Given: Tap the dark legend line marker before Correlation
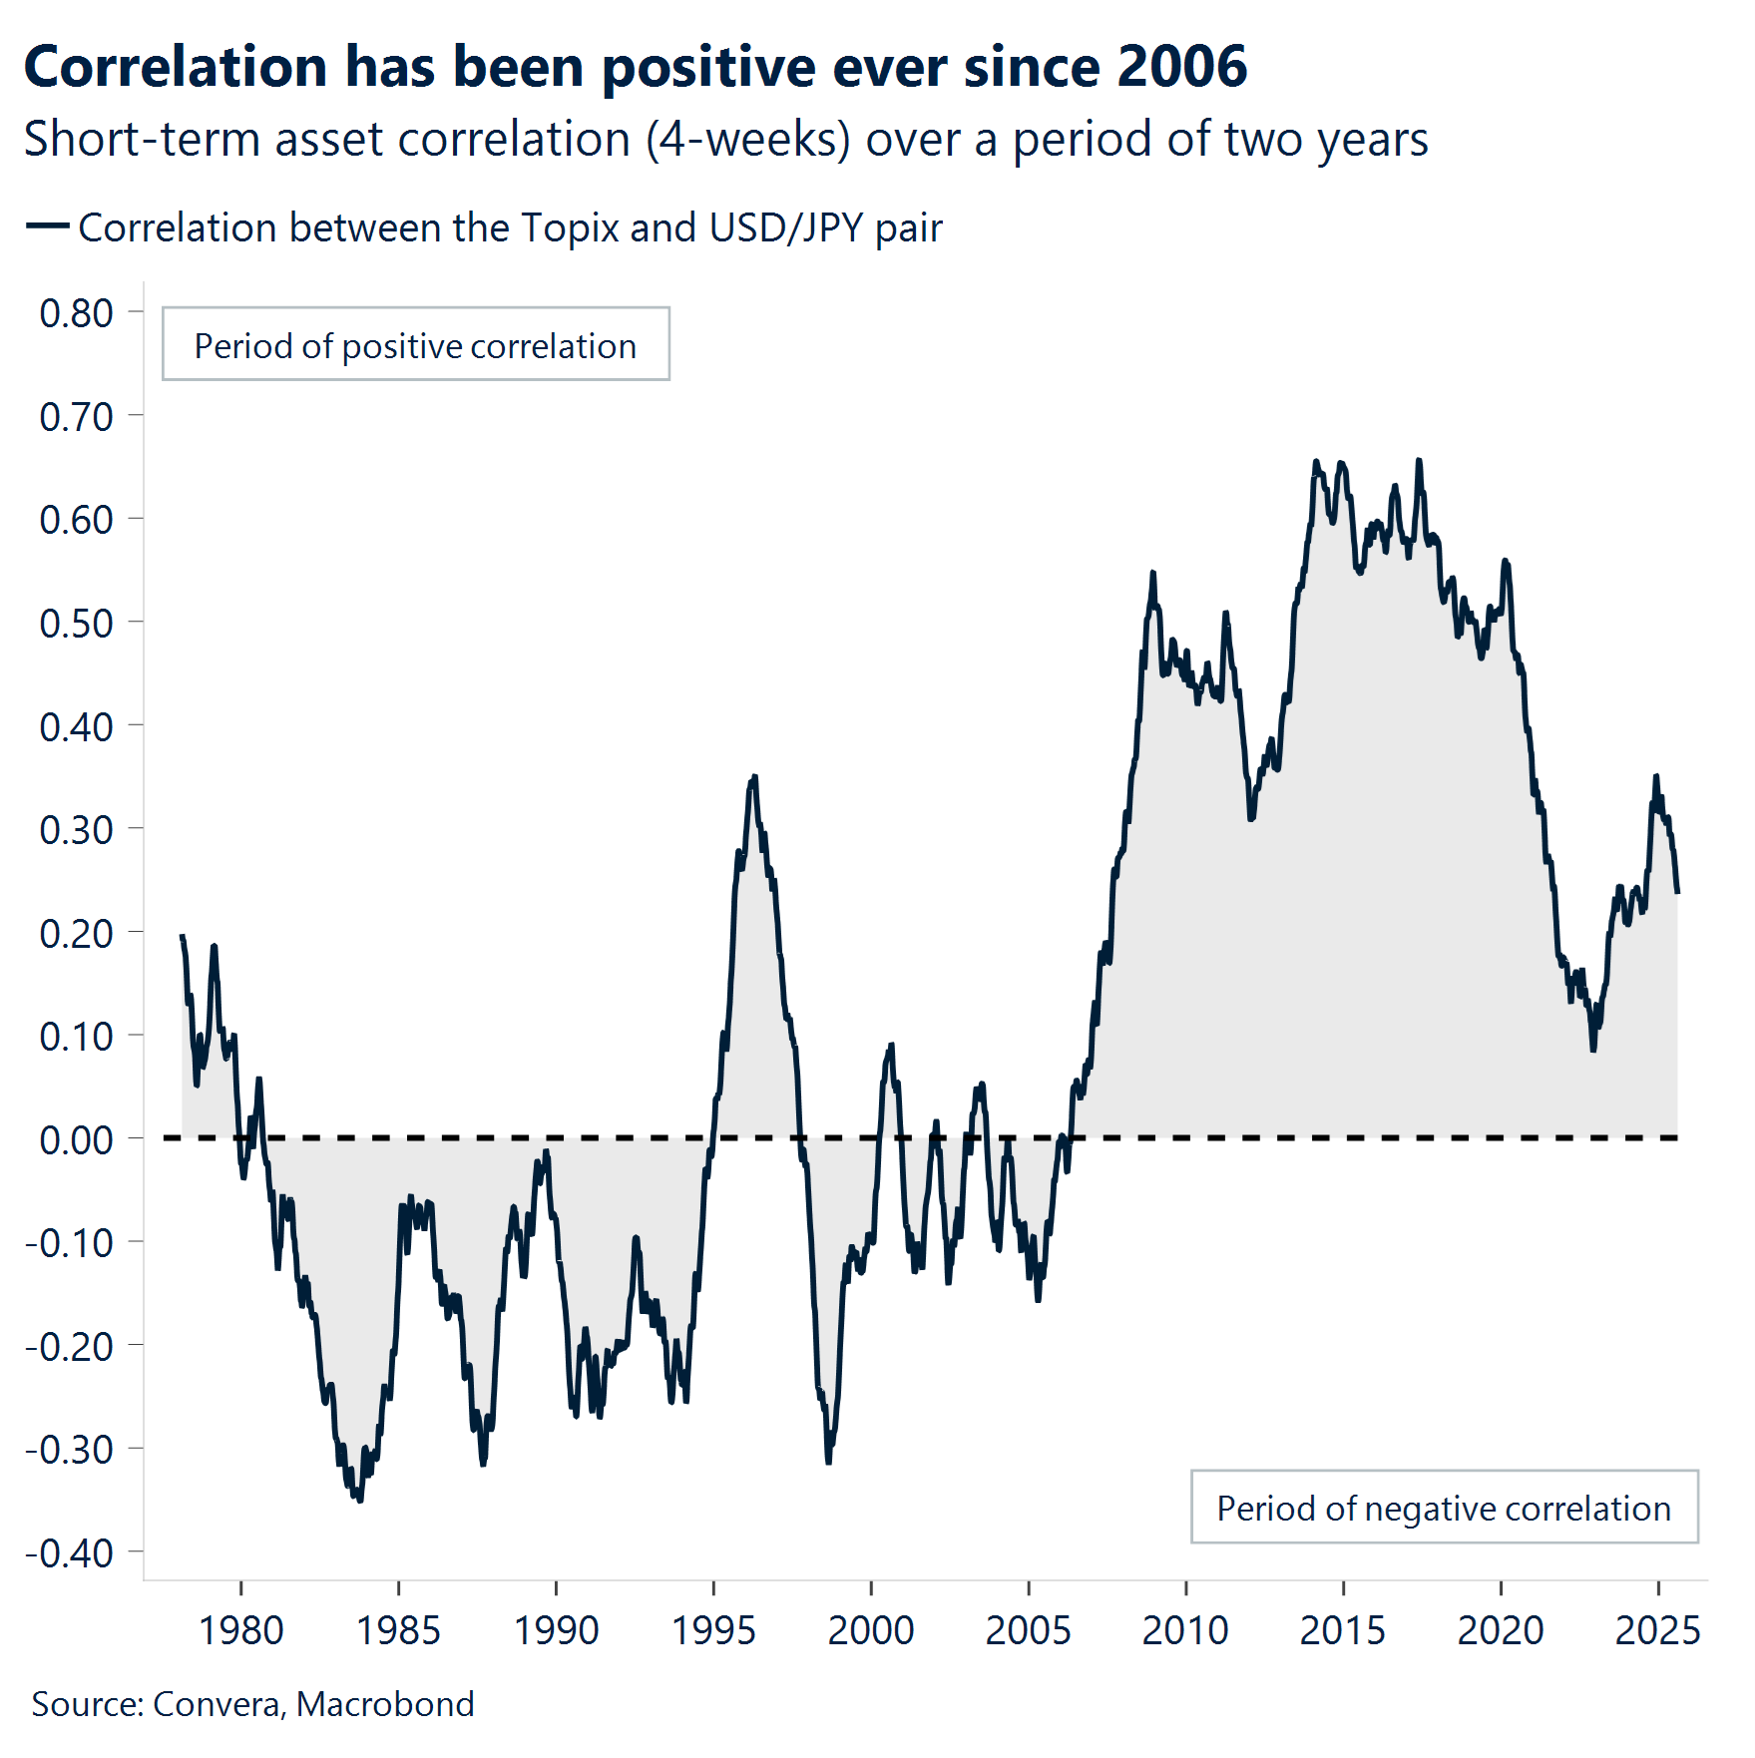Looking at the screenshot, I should [46, 227].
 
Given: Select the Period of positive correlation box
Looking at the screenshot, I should [415, 345].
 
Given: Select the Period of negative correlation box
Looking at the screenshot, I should [1443, 1508].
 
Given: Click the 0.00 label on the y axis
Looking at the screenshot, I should [76, 1139].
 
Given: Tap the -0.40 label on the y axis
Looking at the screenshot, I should [70, 1553].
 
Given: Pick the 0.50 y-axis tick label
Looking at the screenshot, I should [76, 624].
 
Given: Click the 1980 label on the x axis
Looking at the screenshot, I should [240, 1630].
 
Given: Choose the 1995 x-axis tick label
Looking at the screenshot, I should [713, 1630].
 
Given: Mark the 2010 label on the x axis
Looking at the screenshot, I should [1185, 1630].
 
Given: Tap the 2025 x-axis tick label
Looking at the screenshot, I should [1657, 1630].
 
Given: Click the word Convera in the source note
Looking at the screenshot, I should [219, 1704].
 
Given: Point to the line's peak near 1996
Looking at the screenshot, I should [754, 777].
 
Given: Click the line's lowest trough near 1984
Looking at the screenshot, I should [360, 1499].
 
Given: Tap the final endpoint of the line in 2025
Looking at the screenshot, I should [1677, 891].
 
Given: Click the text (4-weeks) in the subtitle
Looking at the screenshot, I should [748, 140].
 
